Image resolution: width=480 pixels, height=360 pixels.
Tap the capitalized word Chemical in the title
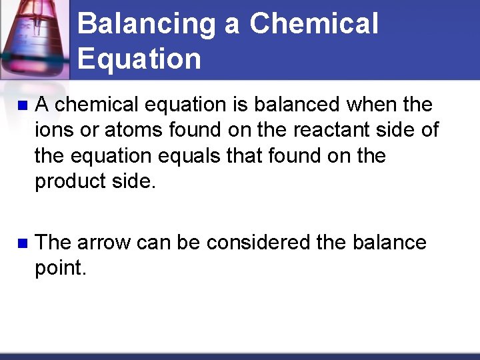(x=314, y=25)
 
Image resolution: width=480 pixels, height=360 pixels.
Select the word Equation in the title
(x=139, y=59)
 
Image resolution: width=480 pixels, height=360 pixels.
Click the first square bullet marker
(x=22, y=105)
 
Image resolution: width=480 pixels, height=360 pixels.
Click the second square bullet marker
(x=22, y=243)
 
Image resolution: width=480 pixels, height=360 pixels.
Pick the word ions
(x=51, y=130)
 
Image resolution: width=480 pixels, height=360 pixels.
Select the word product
(x=68, y=181)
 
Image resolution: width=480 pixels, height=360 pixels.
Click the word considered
(x=258, y=242)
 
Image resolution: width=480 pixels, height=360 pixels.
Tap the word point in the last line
(x=61, y=268)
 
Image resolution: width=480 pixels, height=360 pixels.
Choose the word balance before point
(x=387, y=242)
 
